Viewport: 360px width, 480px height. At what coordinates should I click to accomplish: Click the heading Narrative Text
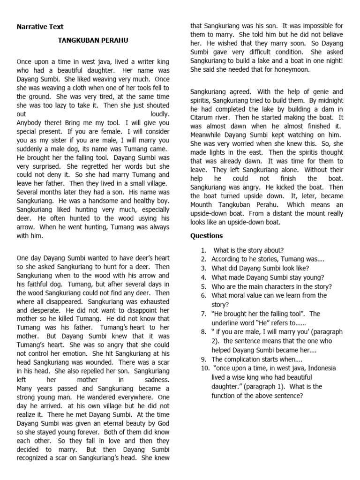[x=40, y=27]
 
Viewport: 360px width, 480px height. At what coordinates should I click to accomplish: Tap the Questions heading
[x=206, y=236]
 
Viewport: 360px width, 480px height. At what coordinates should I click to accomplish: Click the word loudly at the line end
[x=160, y=114]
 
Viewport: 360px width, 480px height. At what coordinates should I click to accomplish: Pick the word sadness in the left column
[x=157, y=380]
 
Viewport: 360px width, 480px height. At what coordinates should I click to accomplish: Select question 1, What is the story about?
[x=248, y=250]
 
